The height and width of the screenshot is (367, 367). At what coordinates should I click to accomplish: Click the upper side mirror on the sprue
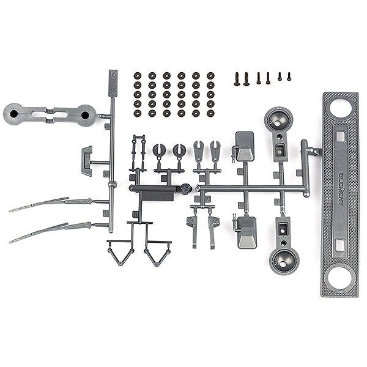tap(245, 146)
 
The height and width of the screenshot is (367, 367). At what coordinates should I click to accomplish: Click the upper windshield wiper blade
tap(40, 205)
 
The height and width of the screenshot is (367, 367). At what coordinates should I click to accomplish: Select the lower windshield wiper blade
tap(40, 234)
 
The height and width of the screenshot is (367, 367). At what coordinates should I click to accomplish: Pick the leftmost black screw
tap(237, 79)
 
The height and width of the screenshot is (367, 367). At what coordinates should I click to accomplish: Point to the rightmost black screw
tap(289, 76)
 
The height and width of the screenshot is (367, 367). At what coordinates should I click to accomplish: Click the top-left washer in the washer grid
tap(138, 76)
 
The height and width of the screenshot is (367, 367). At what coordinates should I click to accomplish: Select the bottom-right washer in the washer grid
tap(210, 113)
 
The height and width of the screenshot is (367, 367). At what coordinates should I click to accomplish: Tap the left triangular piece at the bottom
tap(120, 251)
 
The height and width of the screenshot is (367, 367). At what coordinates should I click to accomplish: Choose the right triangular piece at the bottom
tap(157, 251)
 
